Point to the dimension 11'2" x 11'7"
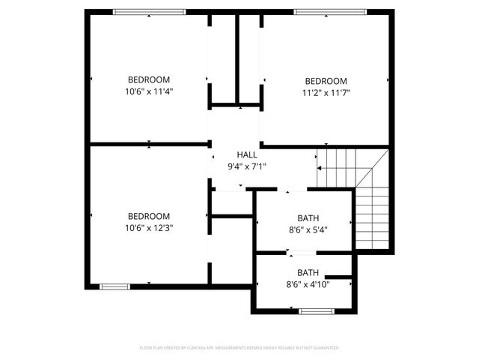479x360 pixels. pyautogui.click(x=326, y=93)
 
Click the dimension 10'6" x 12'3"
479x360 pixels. pyautogui.click(x=148, y=227)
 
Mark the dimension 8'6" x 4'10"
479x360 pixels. pyautogui.click(x=308, y=284)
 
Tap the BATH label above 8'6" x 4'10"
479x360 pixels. pyautogui.click(x=308, y=272)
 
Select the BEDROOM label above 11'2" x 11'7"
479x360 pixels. pyautogui.click(x=326, y=81)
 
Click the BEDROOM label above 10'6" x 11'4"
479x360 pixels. pyautogui.click(x=149, y=79)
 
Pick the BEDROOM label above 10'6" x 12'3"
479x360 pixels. pyautogui.click(x=148, y=215)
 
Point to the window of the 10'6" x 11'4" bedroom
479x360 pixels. pyautogui.click(x=149, y=11)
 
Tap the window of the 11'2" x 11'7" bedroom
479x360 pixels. pyautogui.click(x=329, y=11)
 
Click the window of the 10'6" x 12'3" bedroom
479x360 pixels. pyautogui.click(x=115, y=286)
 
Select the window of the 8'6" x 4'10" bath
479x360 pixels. pyautogui.click(x=310, y=309)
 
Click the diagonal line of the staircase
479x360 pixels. pyautogui.click(x=372, y=168)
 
